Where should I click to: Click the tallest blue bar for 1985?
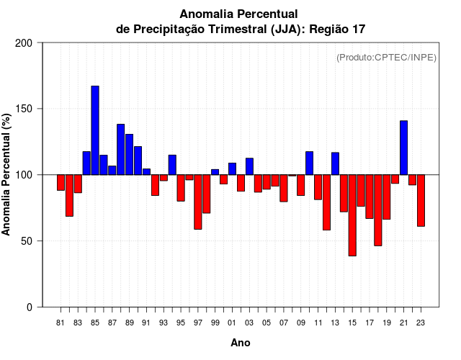click(95, 130)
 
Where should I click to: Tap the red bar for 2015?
click(352, 215)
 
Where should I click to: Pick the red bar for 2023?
click(421, 200)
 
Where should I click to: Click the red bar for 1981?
click(61, 182)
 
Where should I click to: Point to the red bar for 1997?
click(197, 202)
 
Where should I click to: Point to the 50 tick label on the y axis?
click(27, 241)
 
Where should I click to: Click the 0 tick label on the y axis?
click(30, 307)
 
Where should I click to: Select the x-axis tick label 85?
click(95, 323)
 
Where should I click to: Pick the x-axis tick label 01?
click(232, 323)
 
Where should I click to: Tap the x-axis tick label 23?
click(421, 323)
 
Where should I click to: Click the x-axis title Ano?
click(241, 343)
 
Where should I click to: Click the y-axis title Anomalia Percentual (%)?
click(7, 175)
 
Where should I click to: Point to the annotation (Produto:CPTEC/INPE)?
click(387, 57)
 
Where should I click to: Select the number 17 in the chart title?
click(359, 30)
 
